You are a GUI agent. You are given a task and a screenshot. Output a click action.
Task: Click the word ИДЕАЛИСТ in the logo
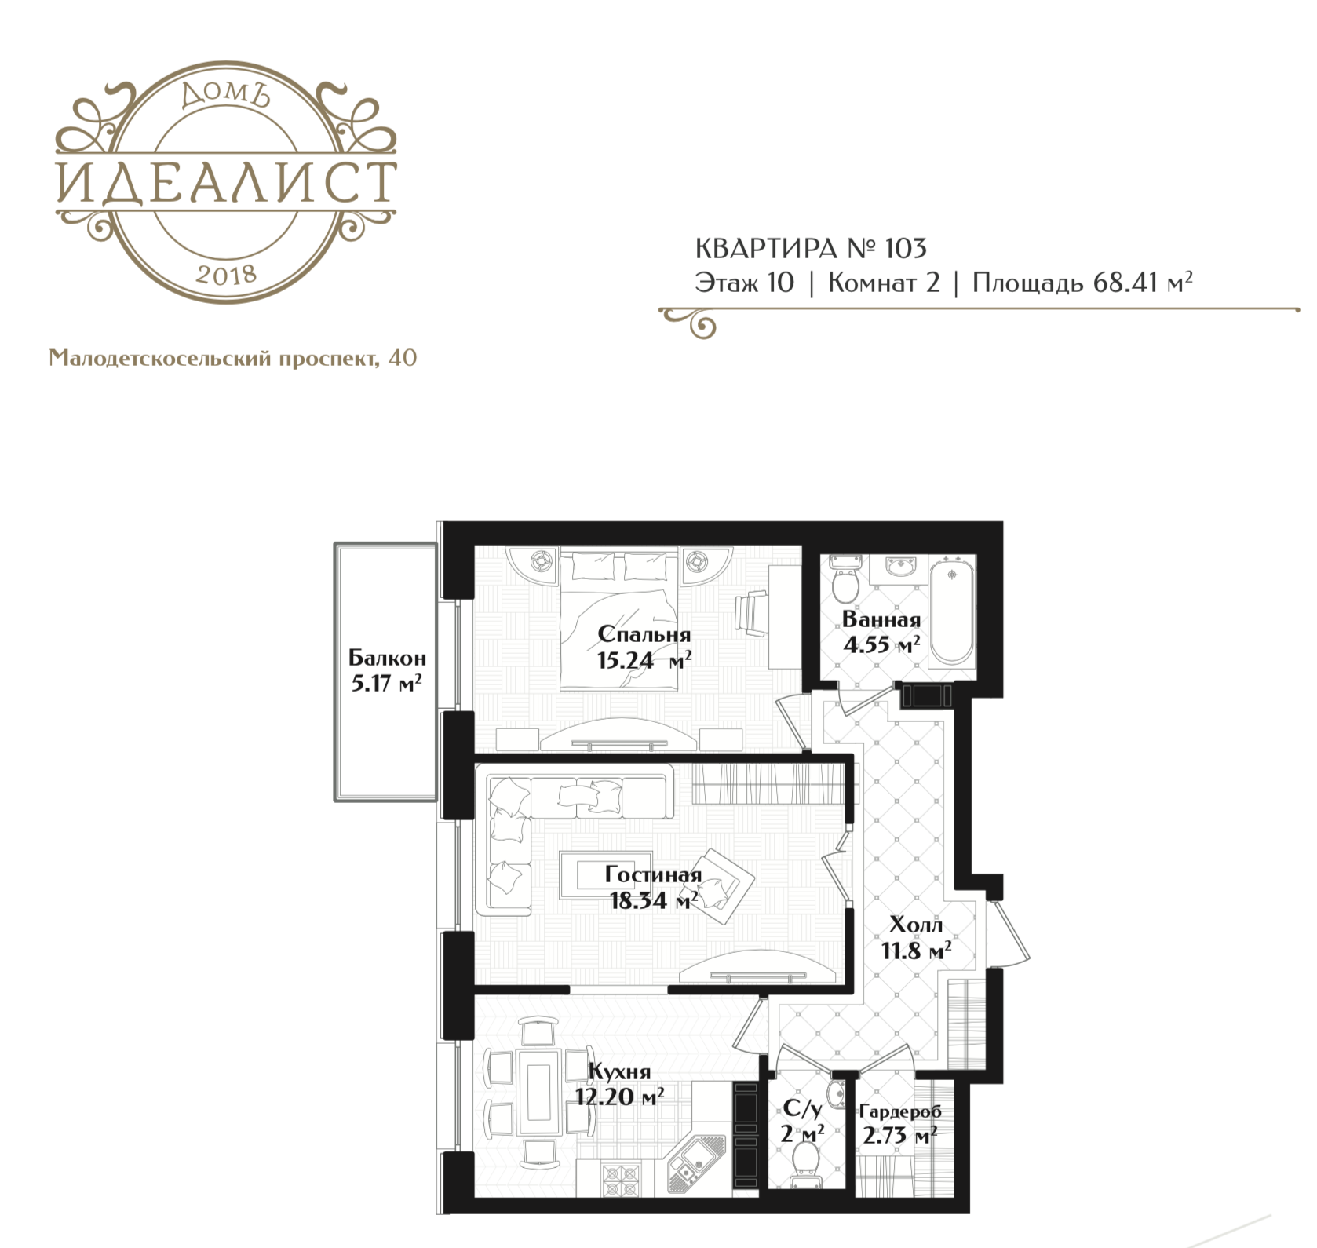click(x=227, y=182)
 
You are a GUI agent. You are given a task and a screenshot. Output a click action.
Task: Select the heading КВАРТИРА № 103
click(x=811, y=248)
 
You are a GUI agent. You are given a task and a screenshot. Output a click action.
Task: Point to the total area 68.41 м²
click(x=1143, y=282)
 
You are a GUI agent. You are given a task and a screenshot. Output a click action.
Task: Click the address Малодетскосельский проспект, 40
click(x=233, y=359)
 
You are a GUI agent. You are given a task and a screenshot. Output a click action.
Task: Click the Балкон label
click(x=388, y=657)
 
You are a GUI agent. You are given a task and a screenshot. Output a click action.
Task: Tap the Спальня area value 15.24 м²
click(x=644, y=660)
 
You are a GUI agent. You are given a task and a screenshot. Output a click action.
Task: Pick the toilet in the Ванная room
click(x=845, y=576)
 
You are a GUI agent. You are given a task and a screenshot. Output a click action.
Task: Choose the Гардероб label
click(x=900, y=1111)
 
